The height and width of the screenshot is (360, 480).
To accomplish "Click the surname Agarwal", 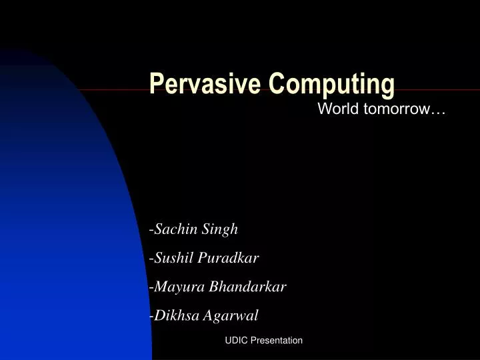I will click(231, 315).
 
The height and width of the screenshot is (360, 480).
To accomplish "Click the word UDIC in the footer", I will click(236, 341).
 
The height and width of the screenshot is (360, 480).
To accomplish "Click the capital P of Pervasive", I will click(156, 84).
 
